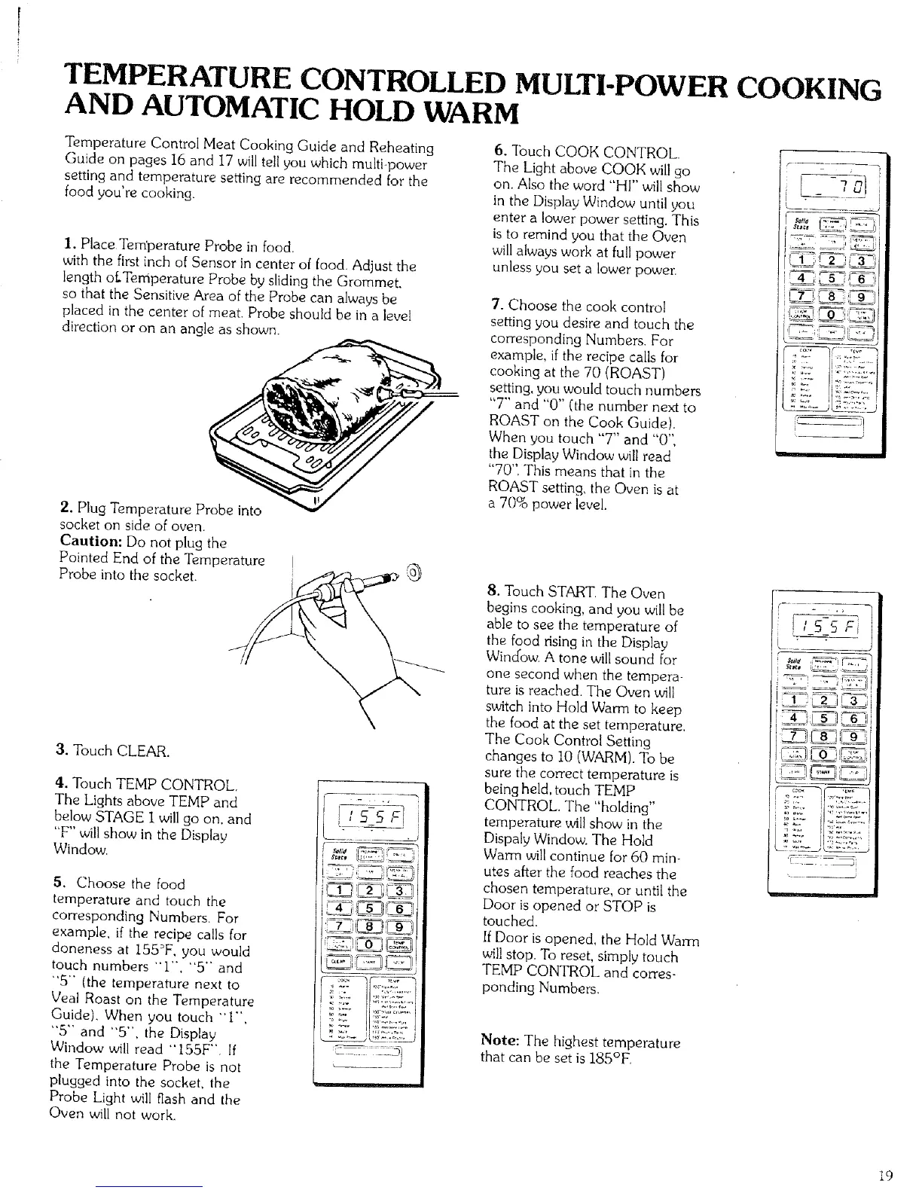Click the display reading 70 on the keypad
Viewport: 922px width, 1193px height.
827,185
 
